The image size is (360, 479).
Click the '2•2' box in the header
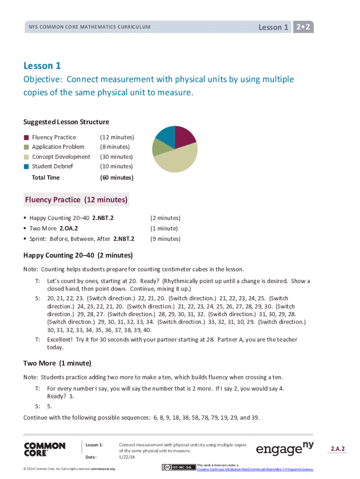coord(303,27)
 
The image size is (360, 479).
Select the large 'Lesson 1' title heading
coord(42,66)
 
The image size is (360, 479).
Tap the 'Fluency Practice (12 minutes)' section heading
coord(76,200)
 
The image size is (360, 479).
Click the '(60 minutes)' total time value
coord(117,178)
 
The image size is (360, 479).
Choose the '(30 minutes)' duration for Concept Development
coord(117,157)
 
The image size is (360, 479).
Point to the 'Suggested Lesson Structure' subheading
coord(66,122)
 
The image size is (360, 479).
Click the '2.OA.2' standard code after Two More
coord(69,229)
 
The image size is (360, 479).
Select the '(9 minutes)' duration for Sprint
coord(165,239)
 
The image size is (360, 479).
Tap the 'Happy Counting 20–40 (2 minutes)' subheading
coord(78,255)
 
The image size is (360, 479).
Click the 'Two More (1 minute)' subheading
coord(57,363)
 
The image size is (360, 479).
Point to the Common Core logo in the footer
coord(44,450)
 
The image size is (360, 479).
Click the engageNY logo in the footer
coord(285,449)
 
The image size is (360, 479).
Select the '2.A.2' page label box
coord(338,449)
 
